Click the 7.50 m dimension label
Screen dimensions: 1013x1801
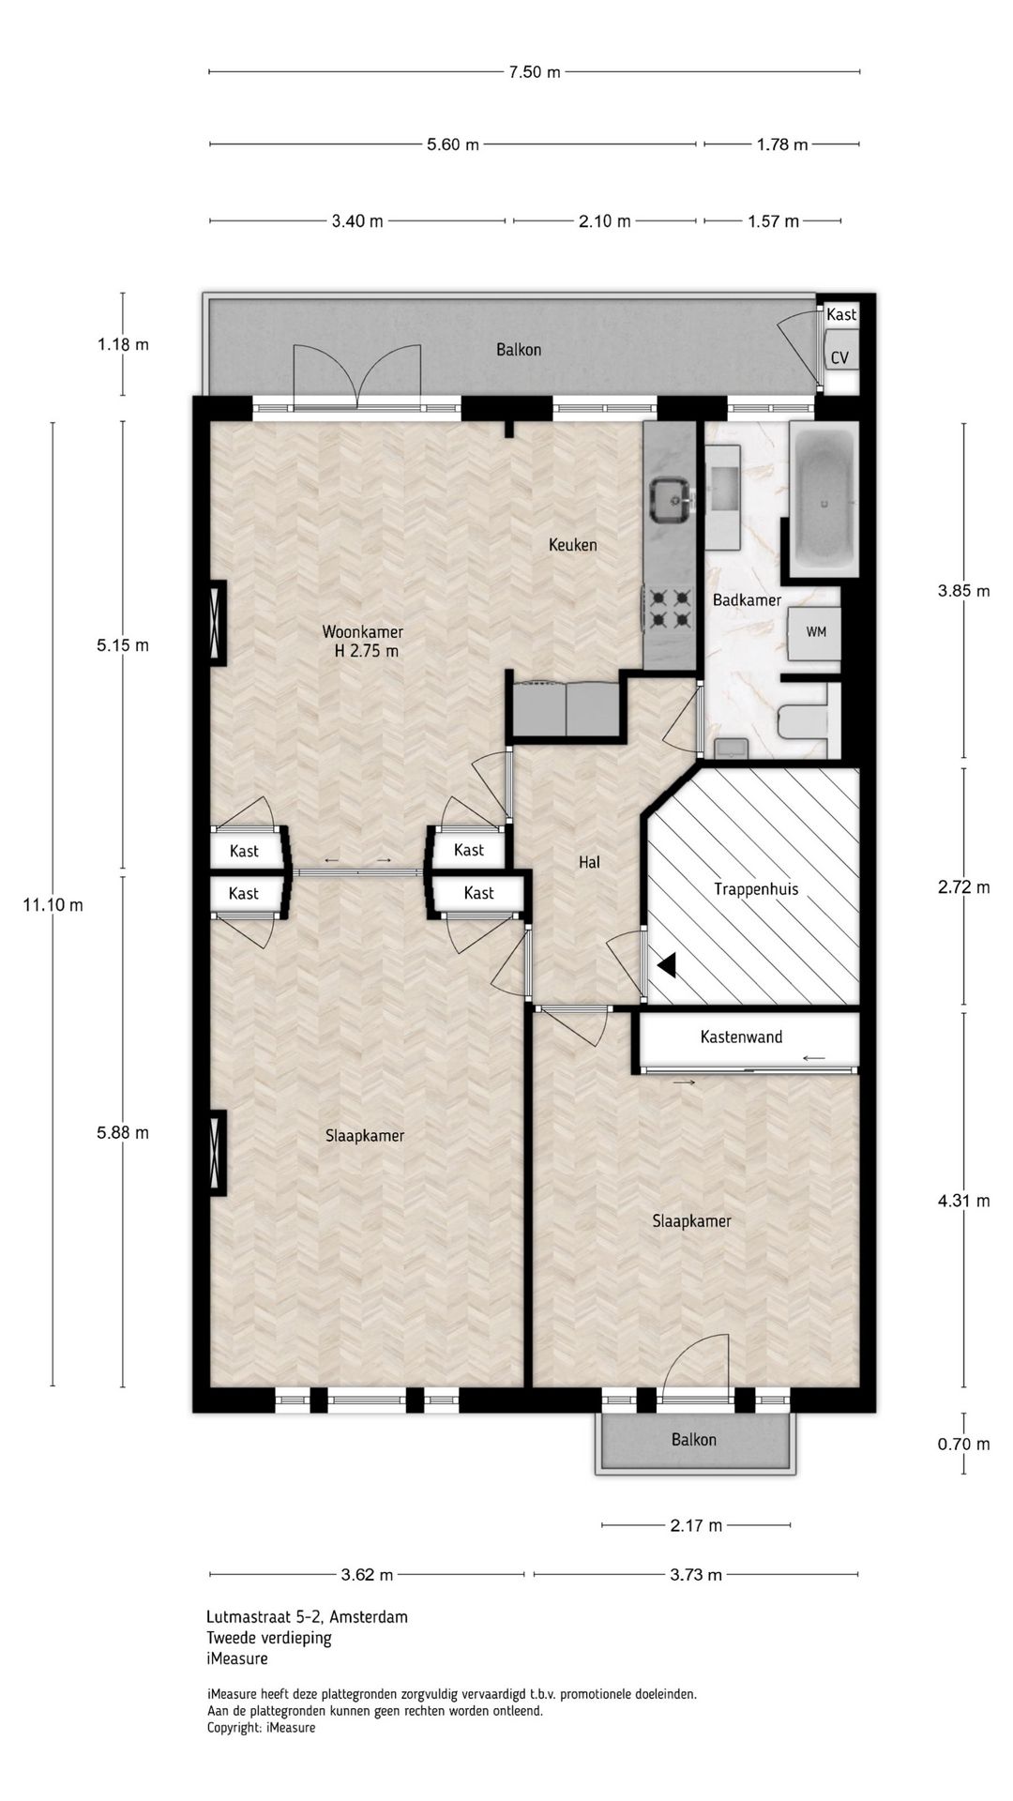(x=535, y=72)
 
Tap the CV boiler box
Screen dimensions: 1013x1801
(x=839, y=357)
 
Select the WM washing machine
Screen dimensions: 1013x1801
(x=815, y=632)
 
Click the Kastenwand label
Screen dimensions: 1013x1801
(x=741, y=1037)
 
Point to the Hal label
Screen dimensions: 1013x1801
(x=589, y=862)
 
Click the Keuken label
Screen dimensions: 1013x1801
(x=572, y=545)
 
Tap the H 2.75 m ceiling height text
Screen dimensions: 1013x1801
(x=367, y=651)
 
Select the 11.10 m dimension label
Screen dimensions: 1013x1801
(x=53, y=905)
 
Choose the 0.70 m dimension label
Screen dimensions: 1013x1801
(x=963, y=1444)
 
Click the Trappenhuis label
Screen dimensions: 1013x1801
(x=756, y=889)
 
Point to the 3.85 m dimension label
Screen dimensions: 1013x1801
(x=963, y=591)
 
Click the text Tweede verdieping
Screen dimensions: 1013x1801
(x=269, y=1638)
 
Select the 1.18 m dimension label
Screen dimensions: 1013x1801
(x=123, y=344)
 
